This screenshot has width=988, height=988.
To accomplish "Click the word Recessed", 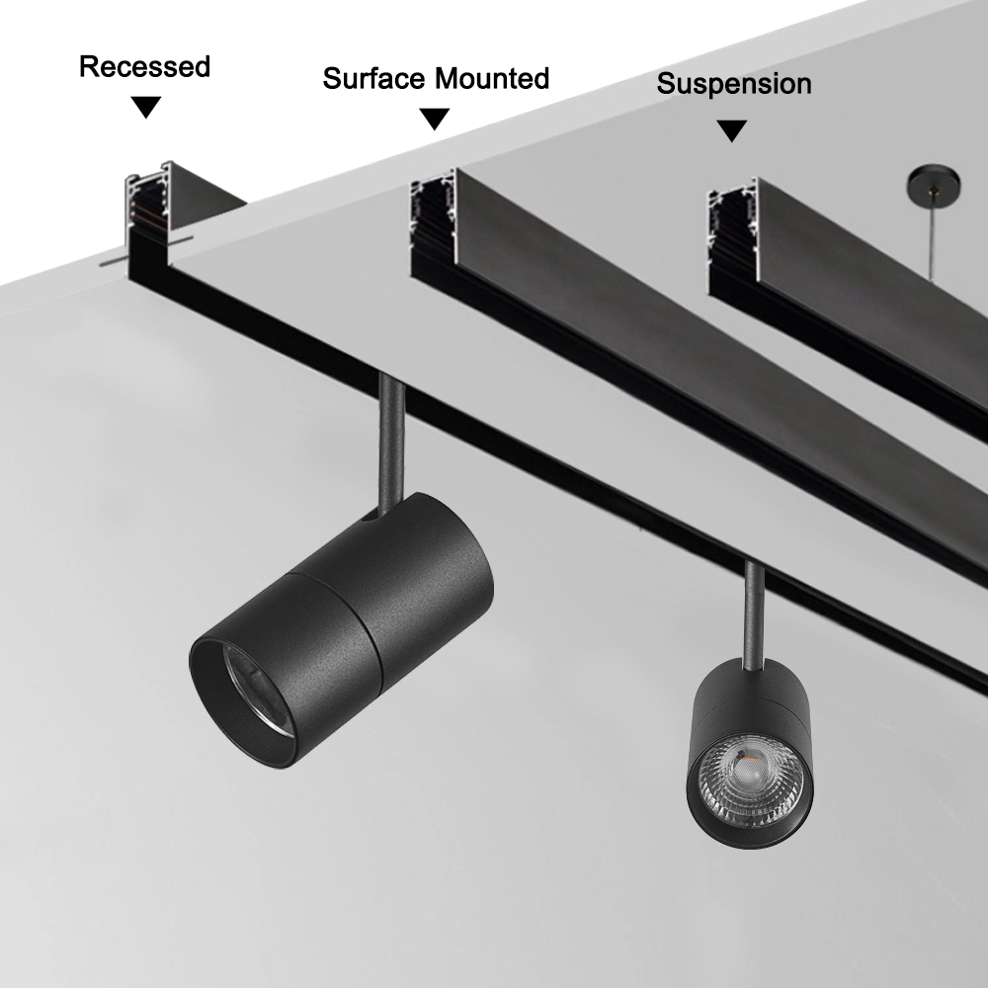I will coord(144,67).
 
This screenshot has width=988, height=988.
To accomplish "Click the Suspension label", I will coord(734,84).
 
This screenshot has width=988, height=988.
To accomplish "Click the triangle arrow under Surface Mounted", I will coord(435,119).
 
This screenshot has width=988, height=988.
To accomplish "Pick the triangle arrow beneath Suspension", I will coord(731,130).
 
